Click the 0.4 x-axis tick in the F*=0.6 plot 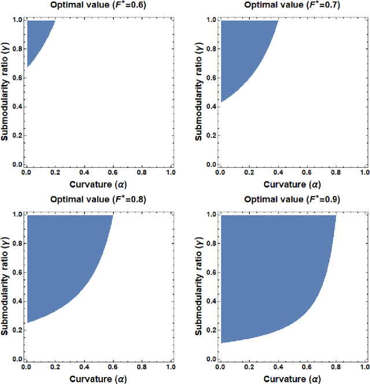84,173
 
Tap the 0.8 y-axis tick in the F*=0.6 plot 16,49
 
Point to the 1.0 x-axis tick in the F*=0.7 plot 365,173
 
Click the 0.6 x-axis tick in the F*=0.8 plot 113,367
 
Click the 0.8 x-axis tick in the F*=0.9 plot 336,367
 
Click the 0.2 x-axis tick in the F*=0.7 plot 249,173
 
